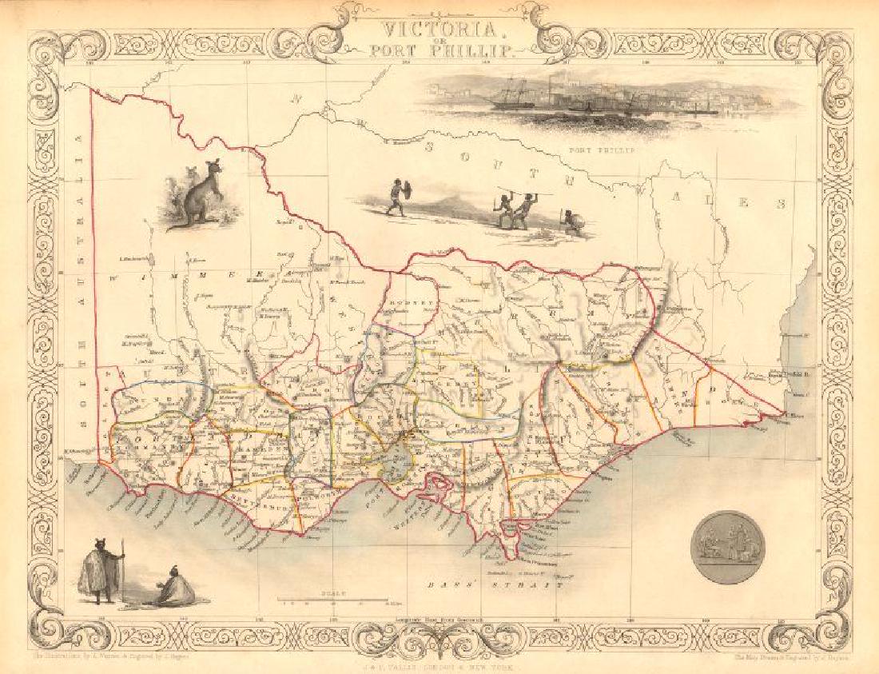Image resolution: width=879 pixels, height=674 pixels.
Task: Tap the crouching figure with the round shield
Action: click(571, 222)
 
